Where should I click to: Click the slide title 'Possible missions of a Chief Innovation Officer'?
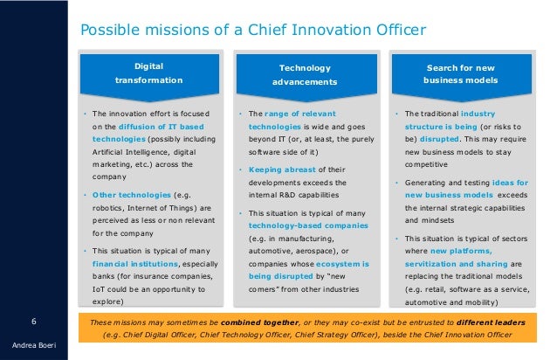(x=252, y=31)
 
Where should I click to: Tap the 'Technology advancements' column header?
(x=306, y=74)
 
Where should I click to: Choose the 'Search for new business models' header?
(x=463, y=73)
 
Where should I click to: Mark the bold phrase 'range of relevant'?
(x=302, y=114)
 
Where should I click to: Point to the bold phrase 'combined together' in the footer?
(x=245, y=321)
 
